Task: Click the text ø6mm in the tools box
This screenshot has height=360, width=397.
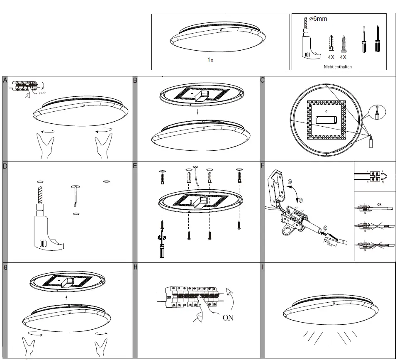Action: click(x=319, y=19)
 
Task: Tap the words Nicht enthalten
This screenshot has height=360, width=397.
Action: click(x=337, y=66)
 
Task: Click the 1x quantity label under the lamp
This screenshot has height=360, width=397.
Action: click(x=210, y=60)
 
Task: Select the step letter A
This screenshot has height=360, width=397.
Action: click(x=5, y=81)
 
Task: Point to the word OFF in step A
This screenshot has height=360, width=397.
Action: click(x=42, y=93)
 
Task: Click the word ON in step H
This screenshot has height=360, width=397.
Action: click(x=228, y=318)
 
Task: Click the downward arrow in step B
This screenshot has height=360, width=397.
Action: click(x=197, y=112)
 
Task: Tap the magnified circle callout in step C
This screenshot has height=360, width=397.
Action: click(x=377, y=112)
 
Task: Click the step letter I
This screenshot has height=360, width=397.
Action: click(x=263, y=267)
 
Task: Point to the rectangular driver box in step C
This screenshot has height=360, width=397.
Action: click(x=326, y=120)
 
